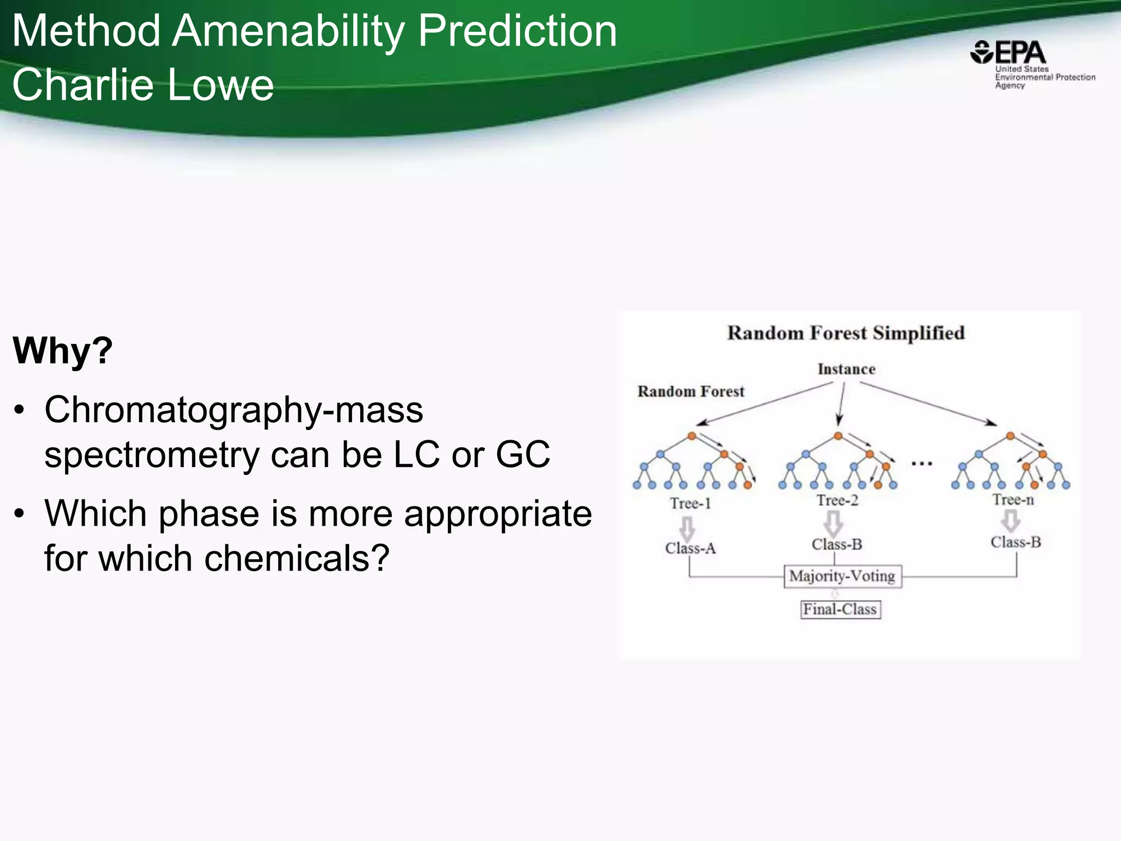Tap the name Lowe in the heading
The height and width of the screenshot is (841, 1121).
click(x=219, y=85)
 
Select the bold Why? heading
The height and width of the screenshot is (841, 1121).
click(x=62, y=350)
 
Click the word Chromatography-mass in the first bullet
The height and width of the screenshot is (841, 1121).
click(x=234, y=410)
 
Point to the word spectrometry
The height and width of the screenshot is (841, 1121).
click(x=152, y=454)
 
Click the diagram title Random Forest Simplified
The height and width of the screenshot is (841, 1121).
click(x=846, y=333)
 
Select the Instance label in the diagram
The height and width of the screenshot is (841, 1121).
click(x=846, y=369)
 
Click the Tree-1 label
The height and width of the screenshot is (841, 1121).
click(x=690, y=503)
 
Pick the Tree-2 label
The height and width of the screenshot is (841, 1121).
click(x=837, y=500)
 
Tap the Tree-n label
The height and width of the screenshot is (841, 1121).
click(x=1013, y=499)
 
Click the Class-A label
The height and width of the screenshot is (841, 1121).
click(x=690, y=548)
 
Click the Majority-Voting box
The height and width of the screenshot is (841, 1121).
click(x=842, y=576)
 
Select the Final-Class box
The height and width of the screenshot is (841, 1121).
click(x=840, y=609)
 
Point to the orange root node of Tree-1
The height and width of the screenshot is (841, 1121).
click(x=692, y=436)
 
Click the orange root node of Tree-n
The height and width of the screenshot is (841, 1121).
click(x=1010, y=436)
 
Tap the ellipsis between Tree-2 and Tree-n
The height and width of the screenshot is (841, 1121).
click(x=922, y=464)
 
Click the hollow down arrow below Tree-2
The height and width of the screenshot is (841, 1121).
click(x=833, y=523)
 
